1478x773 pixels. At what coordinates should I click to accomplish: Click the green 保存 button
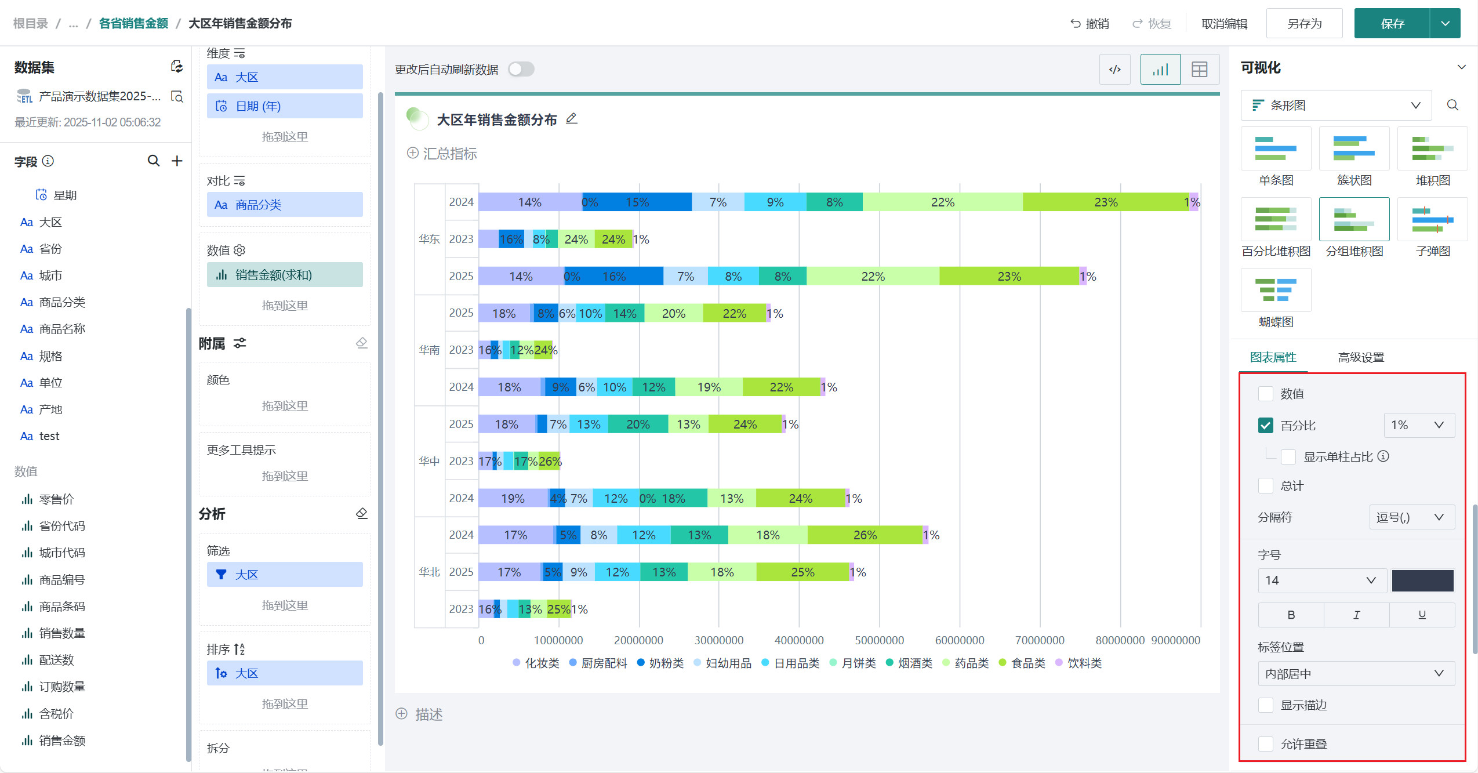1392,24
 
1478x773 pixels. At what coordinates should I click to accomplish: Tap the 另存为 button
1304,24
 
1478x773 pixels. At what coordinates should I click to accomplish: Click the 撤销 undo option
1090,24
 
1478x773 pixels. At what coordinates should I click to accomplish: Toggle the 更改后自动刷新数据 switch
521,70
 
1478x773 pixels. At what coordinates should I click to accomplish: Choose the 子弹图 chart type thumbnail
1432,220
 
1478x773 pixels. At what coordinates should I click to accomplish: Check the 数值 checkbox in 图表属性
1266,394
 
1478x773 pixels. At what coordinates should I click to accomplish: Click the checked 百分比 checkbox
1266,425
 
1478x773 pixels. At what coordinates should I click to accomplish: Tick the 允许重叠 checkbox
1266,743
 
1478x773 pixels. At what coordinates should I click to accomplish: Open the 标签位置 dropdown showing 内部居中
1356,673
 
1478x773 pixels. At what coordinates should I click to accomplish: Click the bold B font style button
1291,615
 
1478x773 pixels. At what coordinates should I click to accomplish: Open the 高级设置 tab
1360,357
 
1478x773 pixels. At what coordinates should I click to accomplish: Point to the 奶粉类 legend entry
660,663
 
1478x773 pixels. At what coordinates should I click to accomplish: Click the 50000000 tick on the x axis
879,640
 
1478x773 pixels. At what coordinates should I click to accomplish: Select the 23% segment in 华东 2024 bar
1105,202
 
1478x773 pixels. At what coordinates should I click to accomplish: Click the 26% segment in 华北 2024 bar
865,535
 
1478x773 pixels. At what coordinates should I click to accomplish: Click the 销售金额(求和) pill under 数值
285,275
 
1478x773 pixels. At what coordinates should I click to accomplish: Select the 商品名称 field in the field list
62,329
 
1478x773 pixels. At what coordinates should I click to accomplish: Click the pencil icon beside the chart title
572,119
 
